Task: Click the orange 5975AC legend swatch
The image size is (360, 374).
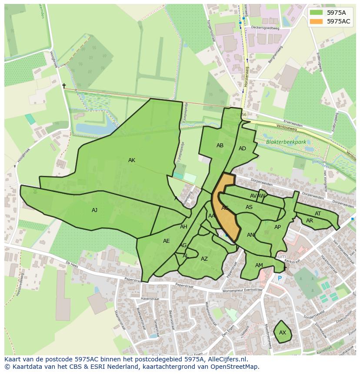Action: [x=317, y=21]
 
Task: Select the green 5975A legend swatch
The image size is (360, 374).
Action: [x=317, y=13]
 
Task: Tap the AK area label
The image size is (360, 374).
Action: [x=132, y=160]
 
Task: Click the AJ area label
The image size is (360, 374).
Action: [x=94, y=210]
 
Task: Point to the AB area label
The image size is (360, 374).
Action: [x=220, y=146]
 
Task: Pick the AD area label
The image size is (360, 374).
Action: [x=242, y=149]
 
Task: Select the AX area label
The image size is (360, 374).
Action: [x=283, y=333]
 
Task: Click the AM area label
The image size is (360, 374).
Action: [x=259, y=265]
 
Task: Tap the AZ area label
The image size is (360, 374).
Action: [x=204, y=259]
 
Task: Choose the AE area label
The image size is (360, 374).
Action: [x=166, y=241]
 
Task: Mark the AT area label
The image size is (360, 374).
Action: [x=318, y=214]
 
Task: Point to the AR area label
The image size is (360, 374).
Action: [x=310, y=221]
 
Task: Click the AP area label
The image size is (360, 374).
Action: [x=277, y=227]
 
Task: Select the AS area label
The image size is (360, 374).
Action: [x=249, y=207]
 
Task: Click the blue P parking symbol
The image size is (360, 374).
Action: [x=280, y=278]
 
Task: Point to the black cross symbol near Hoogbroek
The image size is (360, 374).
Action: [x=64, y=86]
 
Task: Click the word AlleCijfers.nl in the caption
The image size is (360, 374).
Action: [x=227, y=359]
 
